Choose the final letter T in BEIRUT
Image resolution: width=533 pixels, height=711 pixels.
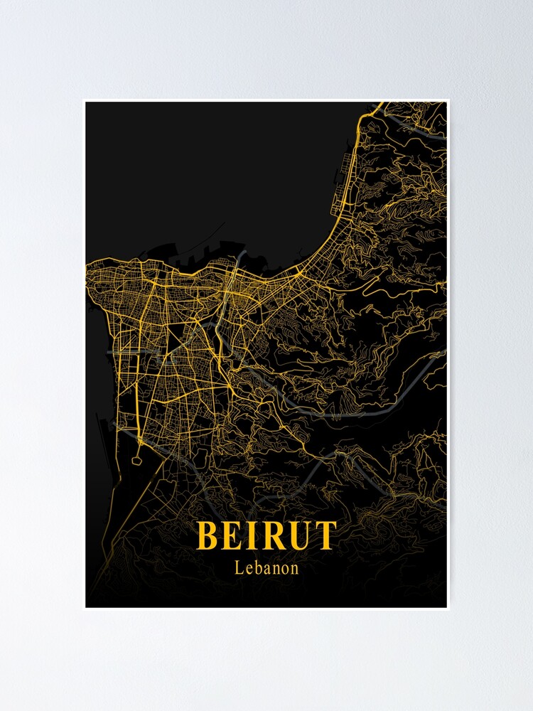click(x=324, y=535)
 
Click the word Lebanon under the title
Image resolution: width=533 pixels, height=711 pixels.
click(x=266, y=568)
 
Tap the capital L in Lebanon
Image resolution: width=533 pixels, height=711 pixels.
click(x=238, y=568)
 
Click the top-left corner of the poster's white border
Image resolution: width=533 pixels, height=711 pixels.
click(x=83, y=100)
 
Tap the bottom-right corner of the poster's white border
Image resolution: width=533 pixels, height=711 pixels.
click(x=449, y=610)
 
